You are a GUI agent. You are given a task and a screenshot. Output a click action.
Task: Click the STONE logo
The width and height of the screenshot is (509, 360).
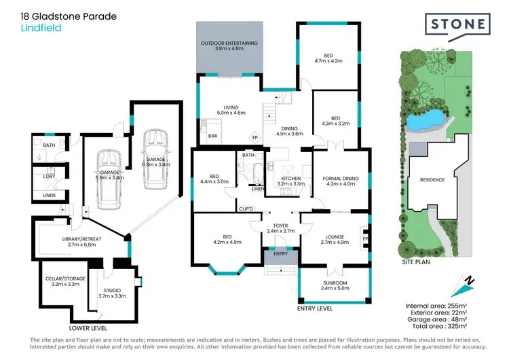(458, 24)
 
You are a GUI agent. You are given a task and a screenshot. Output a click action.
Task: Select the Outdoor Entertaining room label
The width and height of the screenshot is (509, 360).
(229, 46)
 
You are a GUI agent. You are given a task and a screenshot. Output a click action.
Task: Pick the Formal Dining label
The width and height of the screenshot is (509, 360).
(341, 179)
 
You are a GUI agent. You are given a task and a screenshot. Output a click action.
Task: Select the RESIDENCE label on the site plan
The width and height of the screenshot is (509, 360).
(431, 180)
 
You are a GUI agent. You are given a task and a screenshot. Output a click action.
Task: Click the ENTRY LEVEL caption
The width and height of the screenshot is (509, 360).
(315, 308)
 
